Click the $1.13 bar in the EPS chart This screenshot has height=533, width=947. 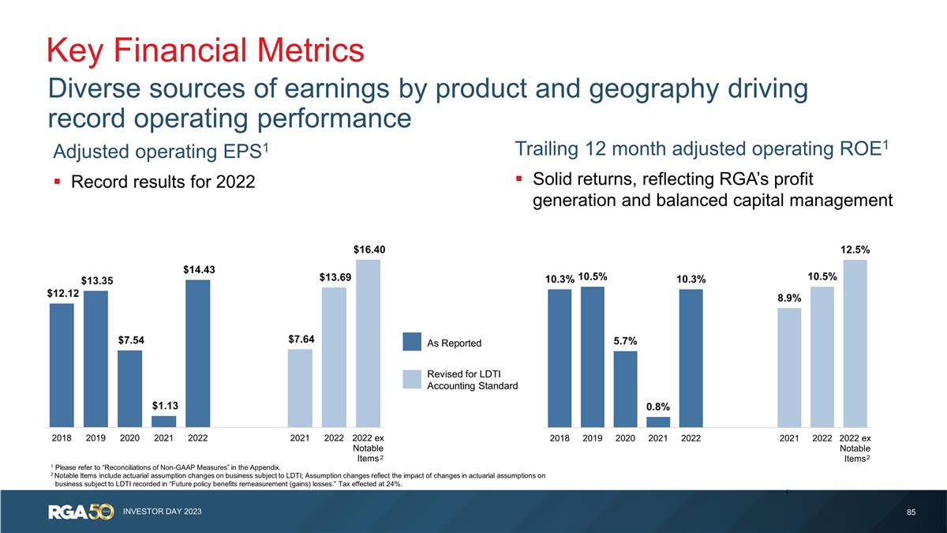(163, 421)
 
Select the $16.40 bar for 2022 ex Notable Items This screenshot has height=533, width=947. (368, 343)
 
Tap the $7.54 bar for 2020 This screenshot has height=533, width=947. (129, 388)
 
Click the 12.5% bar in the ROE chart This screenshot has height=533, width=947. (855, 343)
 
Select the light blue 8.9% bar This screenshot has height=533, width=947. (789, 366)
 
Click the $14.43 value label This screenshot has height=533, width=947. (199, 269)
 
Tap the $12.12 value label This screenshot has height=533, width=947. (62, 293)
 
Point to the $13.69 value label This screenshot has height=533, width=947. (335, 277)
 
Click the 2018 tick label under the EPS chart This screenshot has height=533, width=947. (62, 437)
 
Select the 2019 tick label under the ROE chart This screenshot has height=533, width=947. (592, 437)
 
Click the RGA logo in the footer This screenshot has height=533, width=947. (80, 512)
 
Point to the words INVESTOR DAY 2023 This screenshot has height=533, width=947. (162, 512)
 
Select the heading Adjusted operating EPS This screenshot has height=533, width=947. (157, 150)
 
